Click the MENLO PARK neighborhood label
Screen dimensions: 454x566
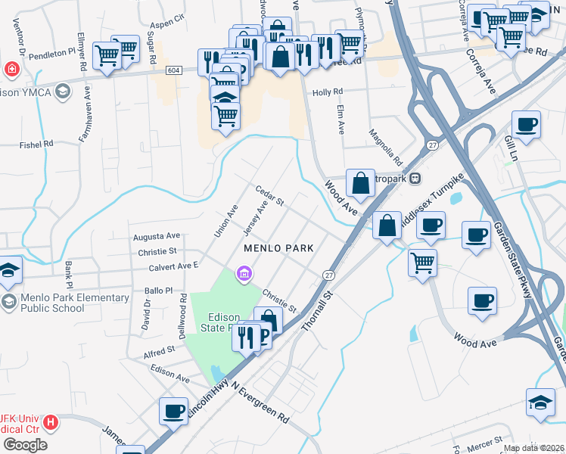(x=278, y=248)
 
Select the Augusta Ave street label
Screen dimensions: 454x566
(x=157, y=236)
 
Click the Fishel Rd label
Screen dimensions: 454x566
(x=36, y=143)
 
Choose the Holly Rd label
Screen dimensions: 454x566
(x=328, y=92)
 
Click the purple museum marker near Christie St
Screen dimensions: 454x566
(x=244, y=272)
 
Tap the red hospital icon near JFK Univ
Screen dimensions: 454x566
(x=51, y=422)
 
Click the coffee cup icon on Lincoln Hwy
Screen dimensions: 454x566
(x=173, y=412)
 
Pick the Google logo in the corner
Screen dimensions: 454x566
(x=25, y=445)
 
